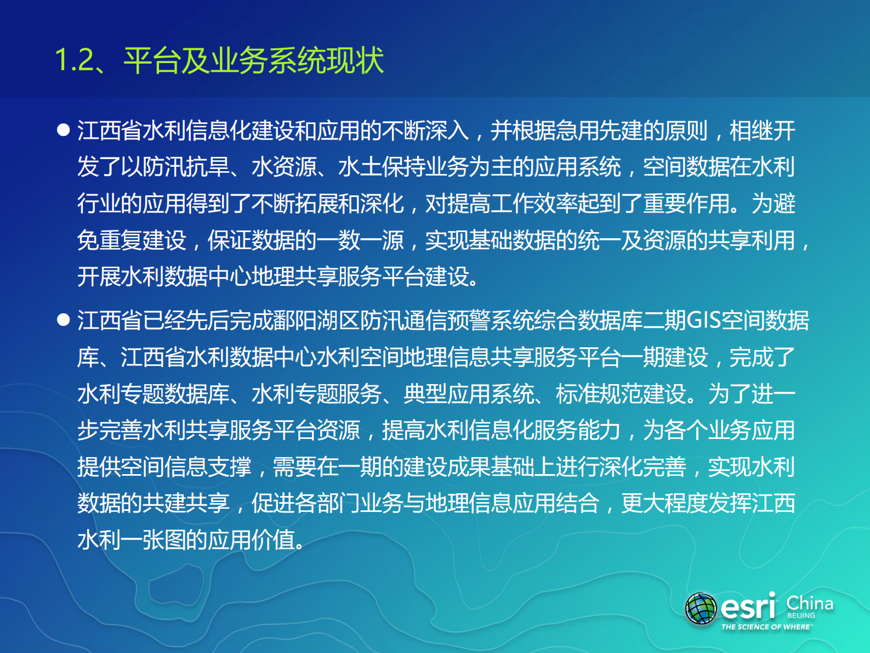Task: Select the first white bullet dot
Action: pos(64,130)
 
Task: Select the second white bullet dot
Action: pos(64,320)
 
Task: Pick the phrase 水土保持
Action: pos(382,167)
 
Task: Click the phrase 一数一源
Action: pos(360,240)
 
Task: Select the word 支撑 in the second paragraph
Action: pos(230,467)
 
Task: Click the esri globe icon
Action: pos(701,609)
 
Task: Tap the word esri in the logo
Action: pos(748,607)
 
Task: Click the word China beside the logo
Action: pos(810,603)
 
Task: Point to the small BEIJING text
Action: pos(801,616)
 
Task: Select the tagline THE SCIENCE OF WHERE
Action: pos(766,627)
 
